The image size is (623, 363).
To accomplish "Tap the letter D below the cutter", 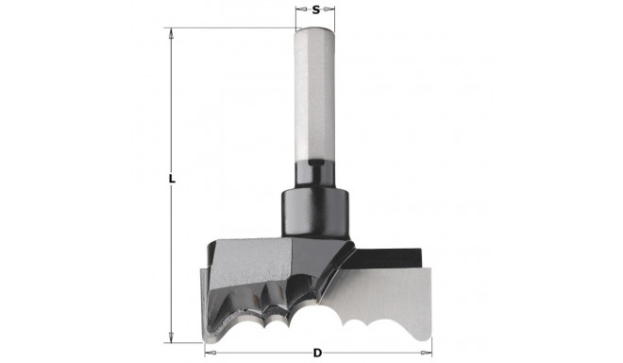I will tap(318, 354).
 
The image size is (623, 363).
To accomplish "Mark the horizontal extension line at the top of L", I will tap(236, 27).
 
